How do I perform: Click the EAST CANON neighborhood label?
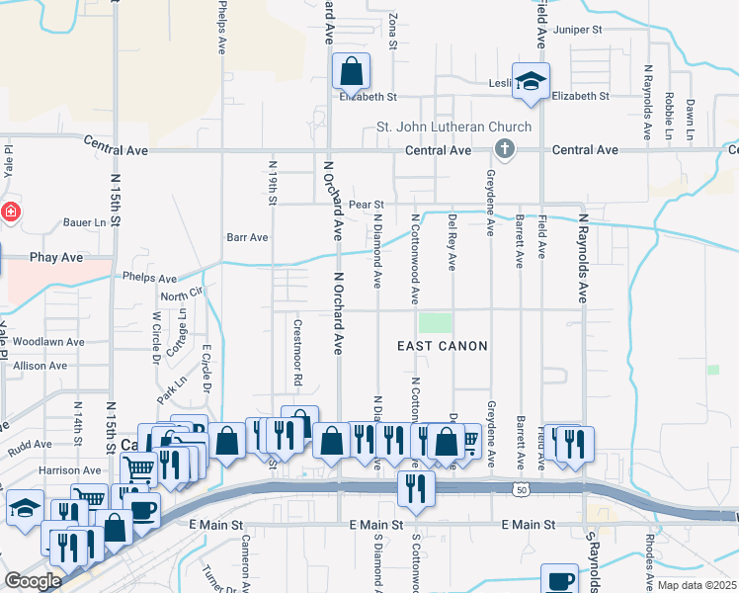pyautogui.click(x=443, y=345)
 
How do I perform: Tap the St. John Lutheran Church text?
pyautogui.click(x=454, y=127)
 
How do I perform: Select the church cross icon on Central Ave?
pyautogui.click(x=504, y=149)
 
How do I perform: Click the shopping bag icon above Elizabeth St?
pyautogui.click(x=351, y=71)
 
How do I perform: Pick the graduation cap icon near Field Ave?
pyautogui.click(x=531, y=82)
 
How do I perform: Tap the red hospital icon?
pyautogui.click(x=10, y=212)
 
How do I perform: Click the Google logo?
pyautogui.click(x=34, y=580)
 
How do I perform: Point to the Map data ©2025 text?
pyautogui.click(x=697, y=585)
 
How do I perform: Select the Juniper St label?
pyautogui.click(x=578, y=30)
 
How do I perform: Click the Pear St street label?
pyautogui.click(x=365, y=204)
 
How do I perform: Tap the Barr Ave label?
pyautogui.click(x=247, y=237)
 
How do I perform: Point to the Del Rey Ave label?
pyautogui.click(x=452, y=242)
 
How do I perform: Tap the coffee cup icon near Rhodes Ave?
pyautogui.click(x=559, y=579)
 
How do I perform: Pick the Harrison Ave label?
pyautogui.click(x=70, y=470)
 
